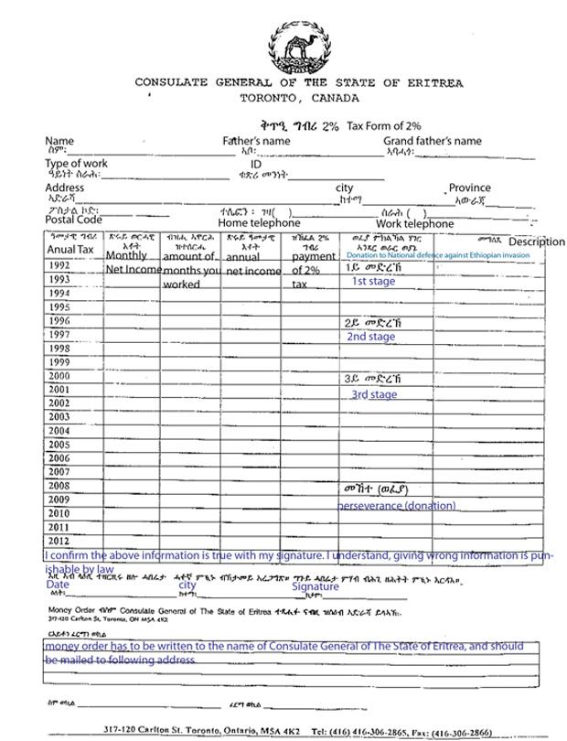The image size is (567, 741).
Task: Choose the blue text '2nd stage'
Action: point(370,337)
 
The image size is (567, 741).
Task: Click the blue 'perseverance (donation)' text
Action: point(397,505)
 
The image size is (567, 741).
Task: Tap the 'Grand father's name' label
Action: point(432,141)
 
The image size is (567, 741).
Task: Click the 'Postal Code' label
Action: point(73,220)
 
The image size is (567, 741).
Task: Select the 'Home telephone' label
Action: point(259,223)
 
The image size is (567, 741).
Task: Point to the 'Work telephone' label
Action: point(414,223)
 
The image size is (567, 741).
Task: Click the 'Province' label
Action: point(469,188)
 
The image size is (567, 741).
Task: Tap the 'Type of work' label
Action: point(77,163)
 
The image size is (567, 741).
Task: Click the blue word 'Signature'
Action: point(315,586)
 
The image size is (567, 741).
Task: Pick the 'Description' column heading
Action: point(537,242)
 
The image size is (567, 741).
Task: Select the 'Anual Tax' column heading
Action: point(70,250)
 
